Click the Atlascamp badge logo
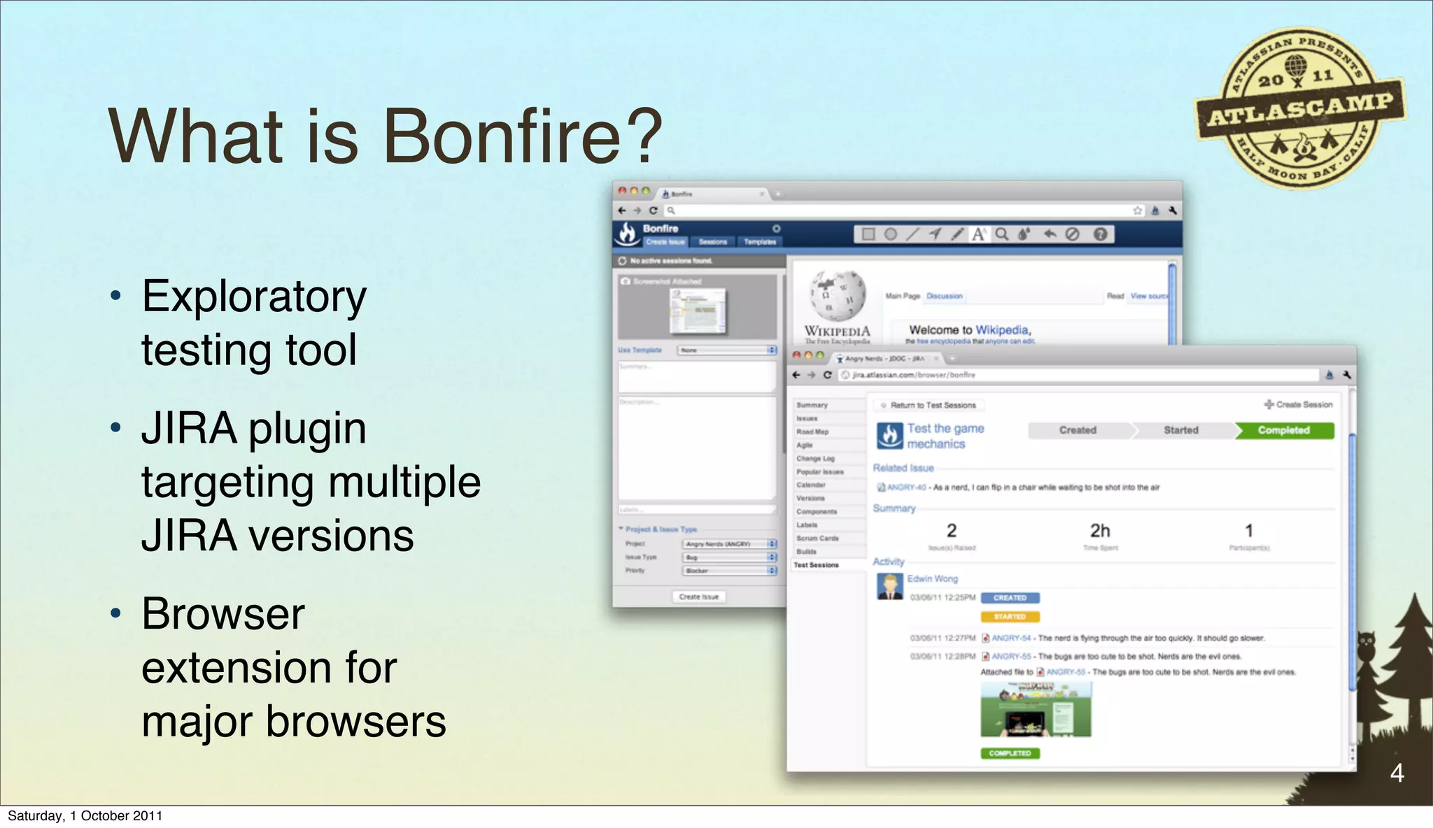click(1300, 108)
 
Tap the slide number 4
click(1397, 773)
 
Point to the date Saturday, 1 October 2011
click(85, 815)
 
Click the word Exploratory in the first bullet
click(254, 297)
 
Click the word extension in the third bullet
click(269, 667)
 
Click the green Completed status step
click(1283, 430)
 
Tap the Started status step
click(1180, 430)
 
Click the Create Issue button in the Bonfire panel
click(698, 597)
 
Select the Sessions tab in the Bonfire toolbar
click(712, 242)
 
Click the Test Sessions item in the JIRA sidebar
click(816, 565)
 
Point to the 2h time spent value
click(1100, 531)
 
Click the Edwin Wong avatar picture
click(889, 586)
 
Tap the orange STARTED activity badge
click(1010, 617)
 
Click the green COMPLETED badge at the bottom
click(1010, 753)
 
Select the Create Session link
click(1299, 404)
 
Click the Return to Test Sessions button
click(928, 405)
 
